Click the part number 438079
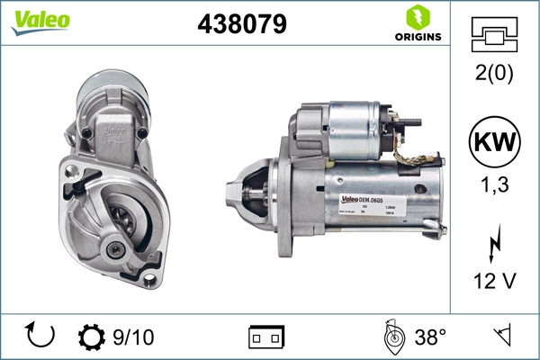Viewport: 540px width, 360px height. [x=241, y=24]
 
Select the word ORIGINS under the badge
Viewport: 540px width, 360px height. [x=417, y=37]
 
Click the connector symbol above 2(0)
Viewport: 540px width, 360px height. [x=494, y=34]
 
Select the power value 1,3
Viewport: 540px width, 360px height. [x=494, y=186]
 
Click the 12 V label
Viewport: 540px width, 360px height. [x=494, y=282]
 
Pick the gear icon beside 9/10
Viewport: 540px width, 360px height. [x=92, y=337]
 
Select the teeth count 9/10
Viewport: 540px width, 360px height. [x=132, y=337]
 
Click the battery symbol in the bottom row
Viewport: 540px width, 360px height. [x=266, y=337]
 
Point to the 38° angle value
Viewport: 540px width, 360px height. [x=430, y=337]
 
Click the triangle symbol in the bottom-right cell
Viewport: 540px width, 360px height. [x=501, y=337]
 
